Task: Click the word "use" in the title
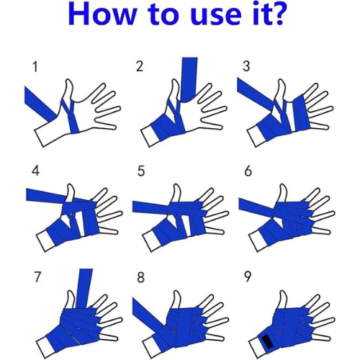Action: pyautogui.click(x=217, y=17)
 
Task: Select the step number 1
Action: pyautogui.click(x=35, y=67)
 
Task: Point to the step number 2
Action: pyautogui.click(x=140, y=66)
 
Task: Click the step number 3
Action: pyautogui.click(x=246, y=66)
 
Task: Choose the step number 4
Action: pyautogui.click(x=35, y=171)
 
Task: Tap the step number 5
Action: pyautogui.click(x=141, y=171)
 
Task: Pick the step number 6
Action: pyautogui.click(x=248, y=171)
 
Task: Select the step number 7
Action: pyautogui.click(x=37, y=277)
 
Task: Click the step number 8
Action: pyautogui.click(x=141, y=277)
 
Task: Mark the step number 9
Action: pyautogui.click(x=248, y=277)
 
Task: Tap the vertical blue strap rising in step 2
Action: pyautogui.click(x=189, y=79)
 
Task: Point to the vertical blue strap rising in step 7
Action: pyautogui.click(x=86, y=288)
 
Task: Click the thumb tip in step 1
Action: pyautogui.click(x=68, y=81)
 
